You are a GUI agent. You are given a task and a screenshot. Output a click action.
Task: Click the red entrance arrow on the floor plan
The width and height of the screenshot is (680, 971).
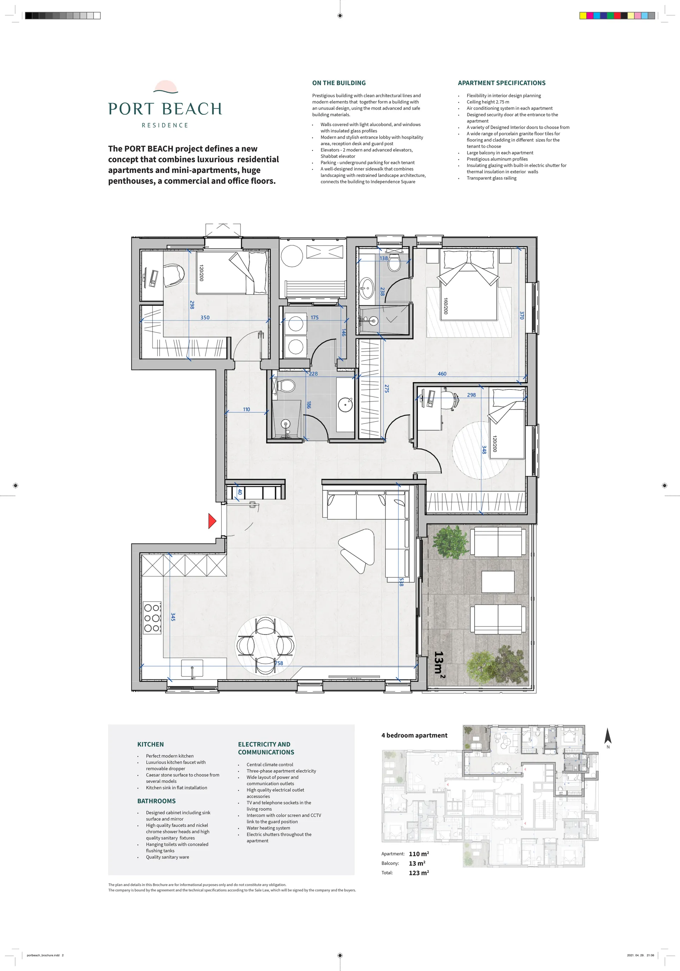click(x=212, y=521)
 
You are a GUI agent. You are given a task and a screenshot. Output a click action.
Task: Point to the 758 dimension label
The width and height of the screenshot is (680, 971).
click(x=279, y=663)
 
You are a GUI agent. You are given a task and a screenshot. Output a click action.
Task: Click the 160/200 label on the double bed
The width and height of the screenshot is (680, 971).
click(x=446, y=306)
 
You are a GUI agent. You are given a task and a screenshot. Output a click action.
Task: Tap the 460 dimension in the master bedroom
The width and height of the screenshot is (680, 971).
click(x=442, y=374)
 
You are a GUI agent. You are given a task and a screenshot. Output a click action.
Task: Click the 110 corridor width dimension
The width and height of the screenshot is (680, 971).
click(x=246, y=409)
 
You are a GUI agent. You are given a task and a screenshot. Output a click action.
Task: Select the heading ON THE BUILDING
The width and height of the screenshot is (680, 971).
click(x=339, y=83)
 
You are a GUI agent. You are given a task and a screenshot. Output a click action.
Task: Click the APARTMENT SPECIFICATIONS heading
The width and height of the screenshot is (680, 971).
click(x=501, y=83)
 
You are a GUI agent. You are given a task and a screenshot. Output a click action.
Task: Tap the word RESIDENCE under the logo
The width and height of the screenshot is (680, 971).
click(x=165, y=125)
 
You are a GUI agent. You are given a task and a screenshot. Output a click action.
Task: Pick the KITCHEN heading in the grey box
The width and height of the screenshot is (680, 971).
click(x=151, y=744)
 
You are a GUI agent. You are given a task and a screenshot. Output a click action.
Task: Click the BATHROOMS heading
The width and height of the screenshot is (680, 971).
click(x=157, y=801)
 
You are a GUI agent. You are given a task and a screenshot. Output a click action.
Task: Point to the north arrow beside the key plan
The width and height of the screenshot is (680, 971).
click(x=608, y=735)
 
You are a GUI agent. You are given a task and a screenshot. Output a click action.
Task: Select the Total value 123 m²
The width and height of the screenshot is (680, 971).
click(x=419, y=872)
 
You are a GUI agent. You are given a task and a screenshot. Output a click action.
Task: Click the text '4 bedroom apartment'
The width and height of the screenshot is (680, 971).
click(x=414, y=735)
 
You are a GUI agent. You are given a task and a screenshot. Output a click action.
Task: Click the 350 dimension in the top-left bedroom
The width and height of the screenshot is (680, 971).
click(x=205, y=317)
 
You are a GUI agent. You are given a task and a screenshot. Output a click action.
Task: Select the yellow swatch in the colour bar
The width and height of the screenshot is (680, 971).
click(x=583, y=16)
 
